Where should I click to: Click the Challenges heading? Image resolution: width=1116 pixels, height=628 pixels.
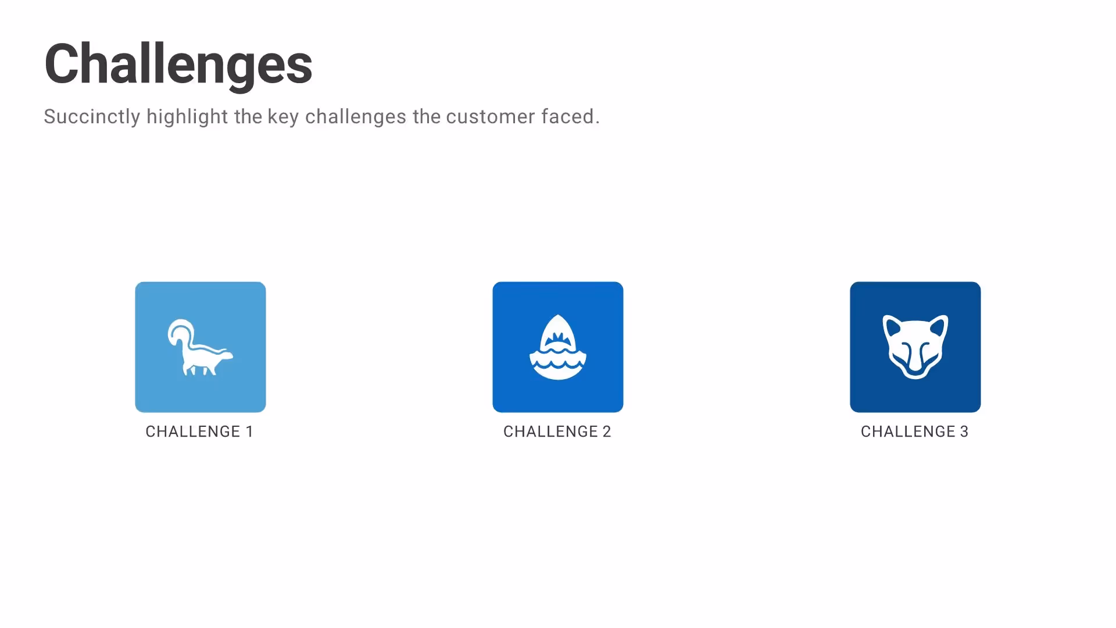tap(178, 65)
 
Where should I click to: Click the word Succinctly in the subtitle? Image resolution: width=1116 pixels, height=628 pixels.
tap(92, 117)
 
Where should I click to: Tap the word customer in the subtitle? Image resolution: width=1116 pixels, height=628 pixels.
tap(490, 117)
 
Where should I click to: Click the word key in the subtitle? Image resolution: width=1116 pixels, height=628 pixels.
tap(282, 117)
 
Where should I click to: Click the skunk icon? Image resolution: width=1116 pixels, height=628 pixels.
tap(201, 347)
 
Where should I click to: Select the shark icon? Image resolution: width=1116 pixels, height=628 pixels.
tap(558, 347)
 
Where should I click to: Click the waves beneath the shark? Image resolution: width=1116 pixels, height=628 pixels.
tap(558, 363)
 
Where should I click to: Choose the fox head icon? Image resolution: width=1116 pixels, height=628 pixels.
tap(915, 347)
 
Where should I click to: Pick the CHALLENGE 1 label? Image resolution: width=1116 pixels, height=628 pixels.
tap(199, 431)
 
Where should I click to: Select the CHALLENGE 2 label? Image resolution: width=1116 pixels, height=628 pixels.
tap(557, 431)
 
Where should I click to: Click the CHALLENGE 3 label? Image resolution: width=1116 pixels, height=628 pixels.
tap(914, 431)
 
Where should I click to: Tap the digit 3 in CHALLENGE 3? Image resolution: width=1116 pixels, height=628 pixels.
tap(964, 431)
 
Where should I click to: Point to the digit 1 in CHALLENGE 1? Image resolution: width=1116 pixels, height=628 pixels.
tap(249, 431)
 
